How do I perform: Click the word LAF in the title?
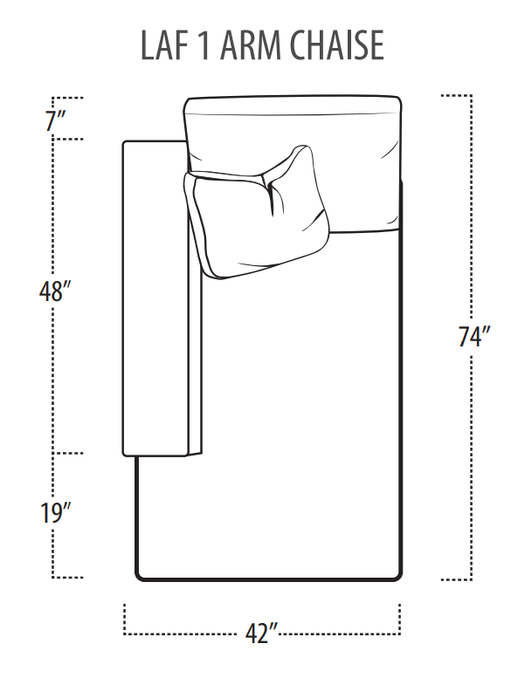tap(166, 46)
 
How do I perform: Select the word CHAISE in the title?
tap(341, 46)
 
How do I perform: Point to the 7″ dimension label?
tap(58, 120)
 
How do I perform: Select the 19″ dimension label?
tap(54, 514)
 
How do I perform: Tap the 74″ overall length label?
tap(474, 337)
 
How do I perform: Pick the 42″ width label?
tap(261, 634)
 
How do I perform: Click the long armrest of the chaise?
tap(155, 297)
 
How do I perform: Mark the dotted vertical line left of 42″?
tap(124, 618)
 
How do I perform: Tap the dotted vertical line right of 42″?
tap(401, 618)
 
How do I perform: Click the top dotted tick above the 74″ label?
tap(457, 94)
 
